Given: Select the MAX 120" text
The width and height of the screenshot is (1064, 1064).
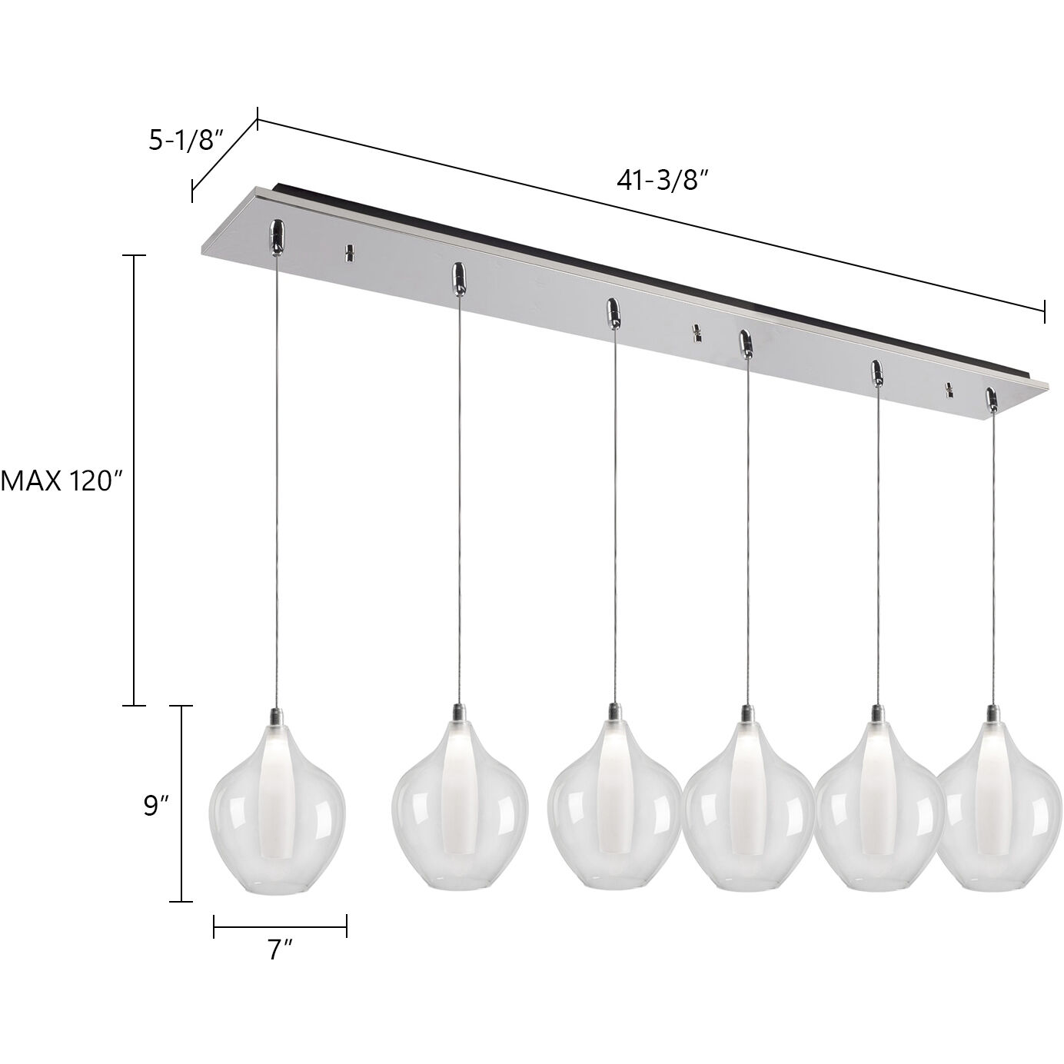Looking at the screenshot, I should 62,481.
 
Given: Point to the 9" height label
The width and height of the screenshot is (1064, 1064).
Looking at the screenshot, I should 156,805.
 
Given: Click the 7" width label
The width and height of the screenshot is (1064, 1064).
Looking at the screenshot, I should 281,950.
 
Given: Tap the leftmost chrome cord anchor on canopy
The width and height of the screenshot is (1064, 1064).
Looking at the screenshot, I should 277,235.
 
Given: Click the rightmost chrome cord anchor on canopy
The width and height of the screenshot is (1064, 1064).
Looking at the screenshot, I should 992,399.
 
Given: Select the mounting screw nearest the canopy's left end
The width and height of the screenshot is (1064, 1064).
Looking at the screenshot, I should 349,252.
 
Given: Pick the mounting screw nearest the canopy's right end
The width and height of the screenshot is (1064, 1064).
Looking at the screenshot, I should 950,391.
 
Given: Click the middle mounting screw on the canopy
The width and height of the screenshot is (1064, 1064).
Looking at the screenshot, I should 697,333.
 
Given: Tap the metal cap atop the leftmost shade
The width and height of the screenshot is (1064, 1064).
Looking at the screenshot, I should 277,717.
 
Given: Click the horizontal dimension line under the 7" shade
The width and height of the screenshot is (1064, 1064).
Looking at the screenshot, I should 281,926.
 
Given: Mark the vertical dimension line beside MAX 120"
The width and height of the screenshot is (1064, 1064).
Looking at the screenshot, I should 135,480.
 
